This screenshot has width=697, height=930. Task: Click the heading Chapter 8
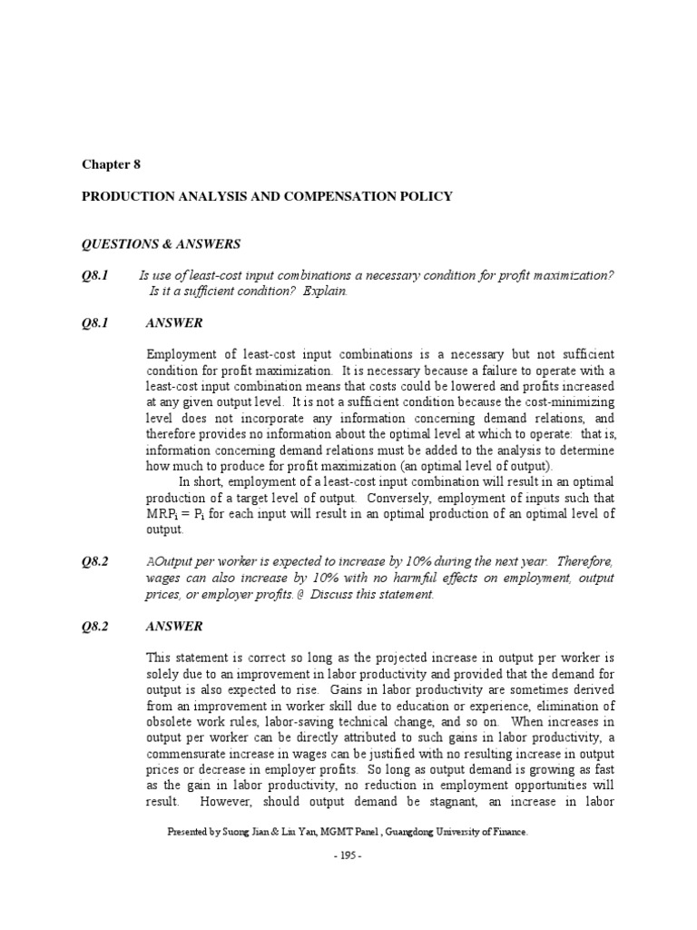(112, 164)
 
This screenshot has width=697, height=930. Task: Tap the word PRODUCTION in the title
(126, 196)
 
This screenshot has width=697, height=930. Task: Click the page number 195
(348, 857)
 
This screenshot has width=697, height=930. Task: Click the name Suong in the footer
(238, 831)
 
